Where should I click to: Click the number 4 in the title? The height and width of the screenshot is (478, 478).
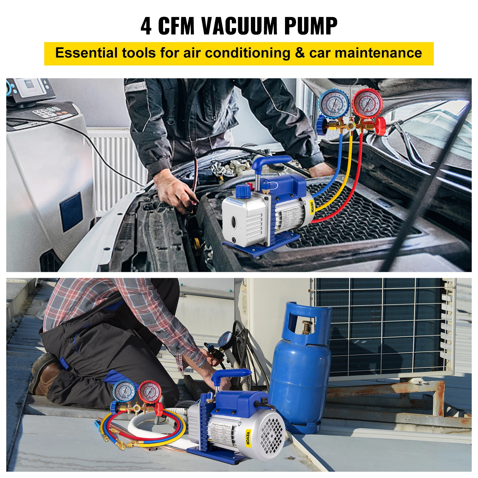pos(146,26)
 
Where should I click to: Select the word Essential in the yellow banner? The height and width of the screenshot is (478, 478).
pos(86,53)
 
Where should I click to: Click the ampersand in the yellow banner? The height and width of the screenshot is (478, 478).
pos(300,53)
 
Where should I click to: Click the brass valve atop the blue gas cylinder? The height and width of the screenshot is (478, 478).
pos(306,327)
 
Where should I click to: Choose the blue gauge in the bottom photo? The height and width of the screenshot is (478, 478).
pos(125,391)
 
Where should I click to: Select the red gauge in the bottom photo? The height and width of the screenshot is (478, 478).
pos(150,391)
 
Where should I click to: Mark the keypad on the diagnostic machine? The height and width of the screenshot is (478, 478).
pos(45,112)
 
